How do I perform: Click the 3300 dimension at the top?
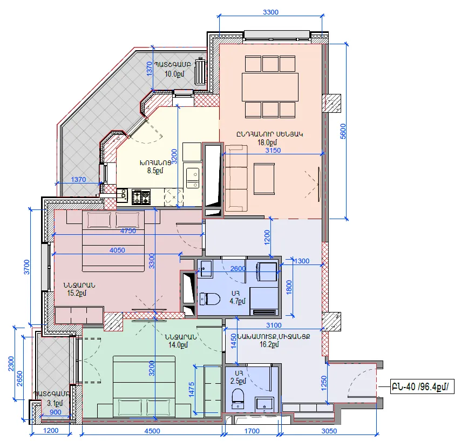click(x=270, y=12)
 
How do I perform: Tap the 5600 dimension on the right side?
click(x=343, y=131)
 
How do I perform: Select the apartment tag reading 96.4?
click(x=422, y=386)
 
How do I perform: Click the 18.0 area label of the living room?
click(x=267, y=142)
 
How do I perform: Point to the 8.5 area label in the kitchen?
click(x=155, y=171)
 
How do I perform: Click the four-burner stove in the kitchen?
click(x=141, y=196)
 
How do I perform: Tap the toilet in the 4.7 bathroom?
click(x=209, y=299)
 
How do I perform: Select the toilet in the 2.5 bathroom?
click(x=238, y=399)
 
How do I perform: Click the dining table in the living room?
click(x=270, y=87)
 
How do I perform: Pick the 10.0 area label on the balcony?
click(x=174, y=74)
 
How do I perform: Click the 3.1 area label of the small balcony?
click(x=55, y=403)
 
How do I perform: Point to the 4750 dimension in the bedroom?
click(x=128, y=231)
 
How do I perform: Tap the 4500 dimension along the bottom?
click(x=152, y=431)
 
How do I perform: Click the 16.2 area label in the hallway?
click(x=269, y=344)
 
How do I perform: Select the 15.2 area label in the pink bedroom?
click(x=77, y=293)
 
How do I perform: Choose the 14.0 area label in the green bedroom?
click(x=178, y=345)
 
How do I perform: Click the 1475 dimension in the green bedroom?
click(x=192, y=390)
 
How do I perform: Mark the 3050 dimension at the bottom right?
click(x=329, y=431)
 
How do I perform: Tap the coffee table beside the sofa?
click(x=264, y=179)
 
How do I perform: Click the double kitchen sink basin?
click(x=193, y=178)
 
